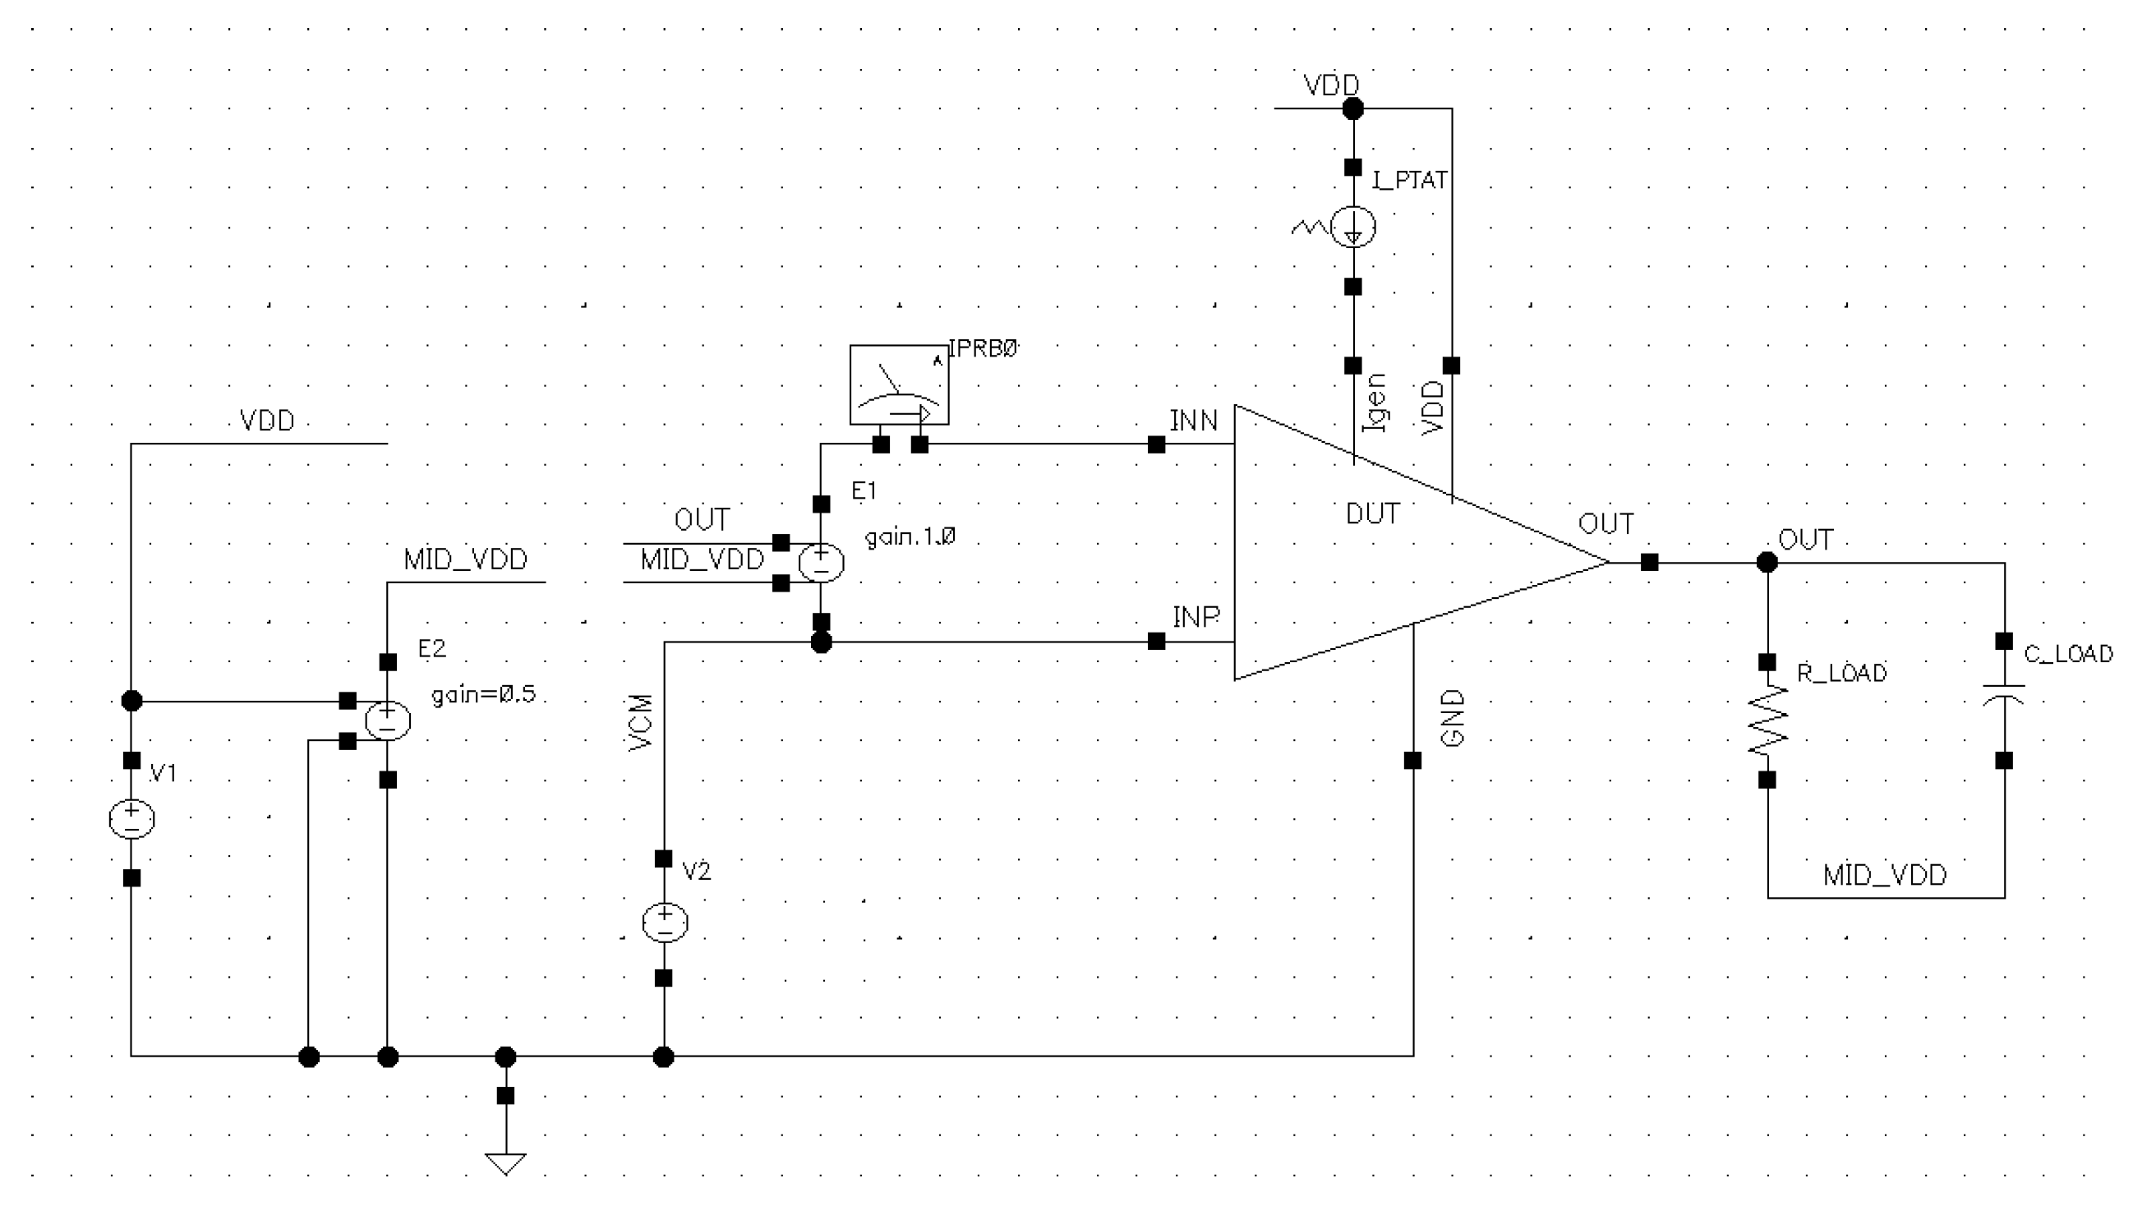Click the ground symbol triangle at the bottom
pos(505,1163)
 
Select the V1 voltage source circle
pos(131,819)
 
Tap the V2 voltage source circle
pos(665,922)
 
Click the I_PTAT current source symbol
pos(1352,226)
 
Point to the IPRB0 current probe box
pos(899,385)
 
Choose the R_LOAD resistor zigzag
pos(1767,720)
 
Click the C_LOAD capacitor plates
pos(2004,694)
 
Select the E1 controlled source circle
pos(821,564)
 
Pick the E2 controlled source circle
pos(388,720)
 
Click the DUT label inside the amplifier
pos(1373,514)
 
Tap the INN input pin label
pos(1193,421)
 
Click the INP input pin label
pos(1195,617)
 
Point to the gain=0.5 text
pos(483,694)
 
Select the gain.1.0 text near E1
pos(910,537)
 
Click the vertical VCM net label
pos(641,723)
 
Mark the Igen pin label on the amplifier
pos(1374,403)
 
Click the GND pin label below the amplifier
pos(1453,719)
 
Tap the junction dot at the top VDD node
pos(1352,108)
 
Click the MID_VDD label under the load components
pos(1885,876)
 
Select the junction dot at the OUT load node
pos(1767,564)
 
